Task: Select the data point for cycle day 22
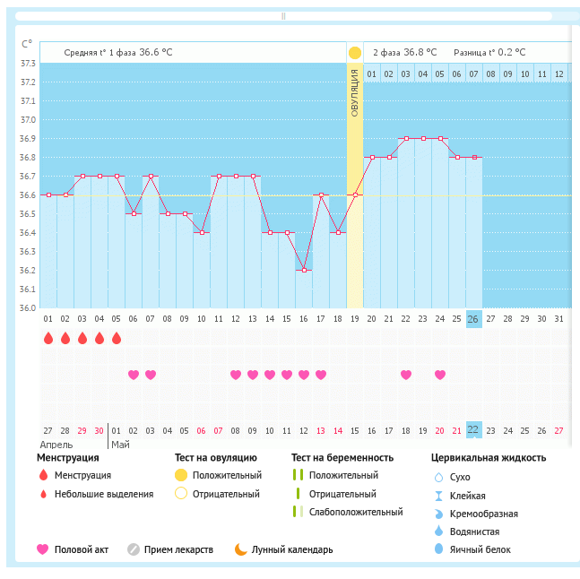point(406,138)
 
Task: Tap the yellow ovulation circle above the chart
point(354,53)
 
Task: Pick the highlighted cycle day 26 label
point(473,319)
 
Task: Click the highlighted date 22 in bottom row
point(473,430)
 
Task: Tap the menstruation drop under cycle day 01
point(48,338)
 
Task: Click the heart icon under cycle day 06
point(134,375)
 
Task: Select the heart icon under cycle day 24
point(440,375)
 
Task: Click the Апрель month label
point(56,444)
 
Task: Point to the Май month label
point(119,444)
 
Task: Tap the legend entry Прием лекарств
point(178,549)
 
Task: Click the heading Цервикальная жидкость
point(489,457)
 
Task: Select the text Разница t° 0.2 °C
point(489,52)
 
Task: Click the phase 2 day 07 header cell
point(474,73)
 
